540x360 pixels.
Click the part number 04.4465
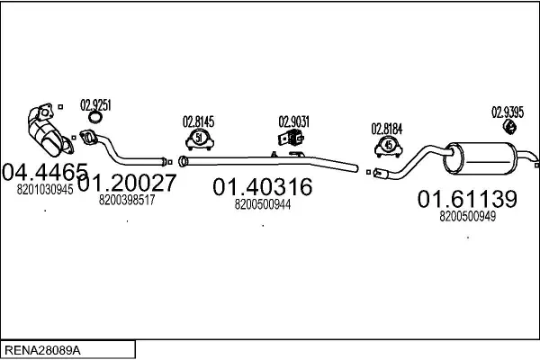pyautogui.click(x=45, y=172)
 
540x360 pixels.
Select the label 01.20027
pyautogui.click(x=127, y=183)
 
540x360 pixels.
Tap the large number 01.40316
pyautogui.click(x=263, y=187)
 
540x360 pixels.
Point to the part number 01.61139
pyautogui.click(x=467, y=199)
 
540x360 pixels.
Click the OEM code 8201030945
pyautogui.click(x=45, y=190)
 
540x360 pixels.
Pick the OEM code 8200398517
pyautogui.click(x=127, y=200)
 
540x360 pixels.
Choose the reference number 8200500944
pyautogui.click(x=263, y=204)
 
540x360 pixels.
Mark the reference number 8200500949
pyautogui.click(x=468, y=216)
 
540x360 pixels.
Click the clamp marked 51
pyautogui.click(x=200, y=139)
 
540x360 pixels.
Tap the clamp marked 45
pyautogui.click(x=389, y=147)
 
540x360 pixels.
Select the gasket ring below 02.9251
pyautogui.click(x=95, y=117)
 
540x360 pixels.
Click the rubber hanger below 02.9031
pyautogui.click(x=292, y=138)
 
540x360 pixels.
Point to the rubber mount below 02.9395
pyautogui.click(x=509, y=126)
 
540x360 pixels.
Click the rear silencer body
pyautogui.click(x=480, y=158)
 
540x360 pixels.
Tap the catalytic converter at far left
pyautogui.click(x=49, y=130)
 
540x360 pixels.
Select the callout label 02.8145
pyautogui.click(x=198, y=121)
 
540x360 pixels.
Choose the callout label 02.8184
pyautogui.click(x=387, y=130)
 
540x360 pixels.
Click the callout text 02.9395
pyautogui.click(x=508, y=112)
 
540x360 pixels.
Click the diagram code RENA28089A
pyautogui.click(x=42, y=350)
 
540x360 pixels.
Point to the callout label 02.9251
pyautogui.click(x=95, y=105)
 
